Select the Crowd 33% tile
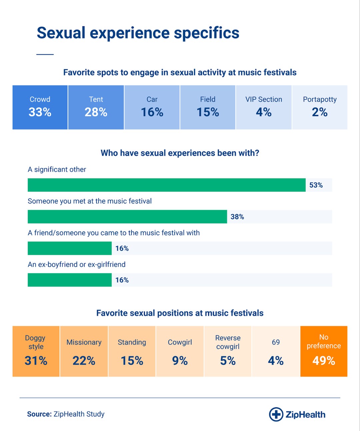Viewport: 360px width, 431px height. pos(40,107)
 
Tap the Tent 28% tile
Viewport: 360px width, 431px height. pos(96,107)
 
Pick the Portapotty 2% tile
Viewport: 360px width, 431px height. pos(320,107)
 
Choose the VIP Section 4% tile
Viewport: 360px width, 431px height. pos(264,107)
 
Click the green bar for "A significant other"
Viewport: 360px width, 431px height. pos(166,185)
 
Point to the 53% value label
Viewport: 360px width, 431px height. pos(316,185)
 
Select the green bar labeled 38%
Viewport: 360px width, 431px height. pos(127,216)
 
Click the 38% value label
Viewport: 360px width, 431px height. pos(237,217)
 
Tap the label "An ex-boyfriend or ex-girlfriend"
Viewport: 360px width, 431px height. pos(77,264)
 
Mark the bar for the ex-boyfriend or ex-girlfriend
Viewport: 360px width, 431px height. pos(69,280)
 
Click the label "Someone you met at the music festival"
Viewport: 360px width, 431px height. pos(90,201)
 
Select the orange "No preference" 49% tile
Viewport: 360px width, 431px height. pos(324,351)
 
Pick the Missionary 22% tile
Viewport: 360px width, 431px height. pos(84,351)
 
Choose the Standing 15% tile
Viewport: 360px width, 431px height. pos(132,351)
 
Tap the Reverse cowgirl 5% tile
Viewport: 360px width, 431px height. pos(228,351)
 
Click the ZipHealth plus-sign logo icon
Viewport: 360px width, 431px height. pos(276,414)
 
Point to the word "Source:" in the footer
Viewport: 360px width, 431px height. pos(39,414)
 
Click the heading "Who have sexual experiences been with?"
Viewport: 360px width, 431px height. pos(180,153)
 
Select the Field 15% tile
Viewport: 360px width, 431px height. pos(208,107)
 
